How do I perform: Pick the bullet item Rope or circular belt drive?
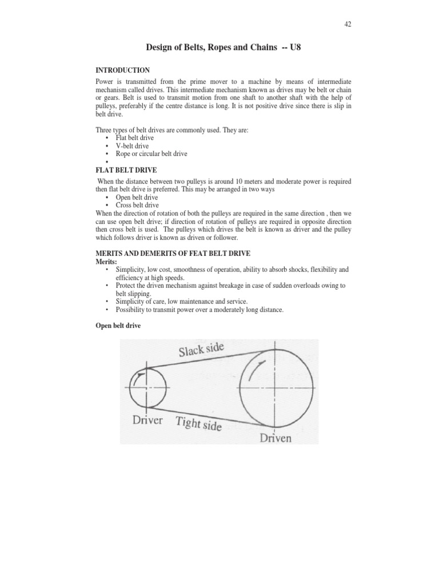tap(151, 154)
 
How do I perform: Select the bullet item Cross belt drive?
tap(137, 205)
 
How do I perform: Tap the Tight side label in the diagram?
tap(198, 424)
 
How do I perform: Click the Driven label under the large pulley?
tap(276, 438)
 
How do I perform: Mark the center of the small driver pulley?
tap(148, 387)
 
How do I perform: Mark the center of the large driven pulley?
tap(277, 386)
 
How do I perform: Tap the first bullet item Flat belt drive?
tap(134, 138)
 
